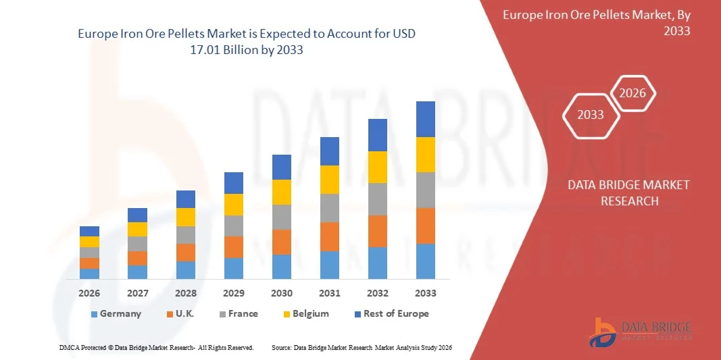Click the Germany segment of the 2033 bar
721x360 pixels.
(426, 261)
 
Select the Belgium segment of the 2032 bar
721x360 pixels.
(378, 167)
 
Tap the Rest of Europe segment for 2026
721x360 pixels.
(89, 231)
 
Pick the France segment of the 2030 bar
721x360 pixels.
(282, 217)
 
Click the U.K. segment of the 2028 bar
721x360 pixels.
(186, 253)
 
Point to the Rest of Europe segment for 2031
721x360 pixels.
(330, 151)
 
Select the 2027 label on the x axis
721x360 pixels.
(137, 293)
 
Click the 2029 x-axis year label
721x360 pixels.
(234, 293)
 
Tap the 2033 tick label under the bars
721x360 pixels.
(426, 293)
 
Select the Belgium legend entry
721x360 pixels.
(305, 313)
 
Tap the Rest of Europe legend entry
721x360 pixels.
(391, 313)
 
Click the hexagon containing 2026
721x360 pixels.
(633, 93)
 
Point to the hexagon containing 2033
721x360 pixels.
(591, 115)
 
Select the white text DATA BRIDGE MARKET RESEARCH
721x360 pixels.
(628, 192)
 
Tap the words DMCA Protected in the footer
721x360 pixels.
(80, 347)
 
